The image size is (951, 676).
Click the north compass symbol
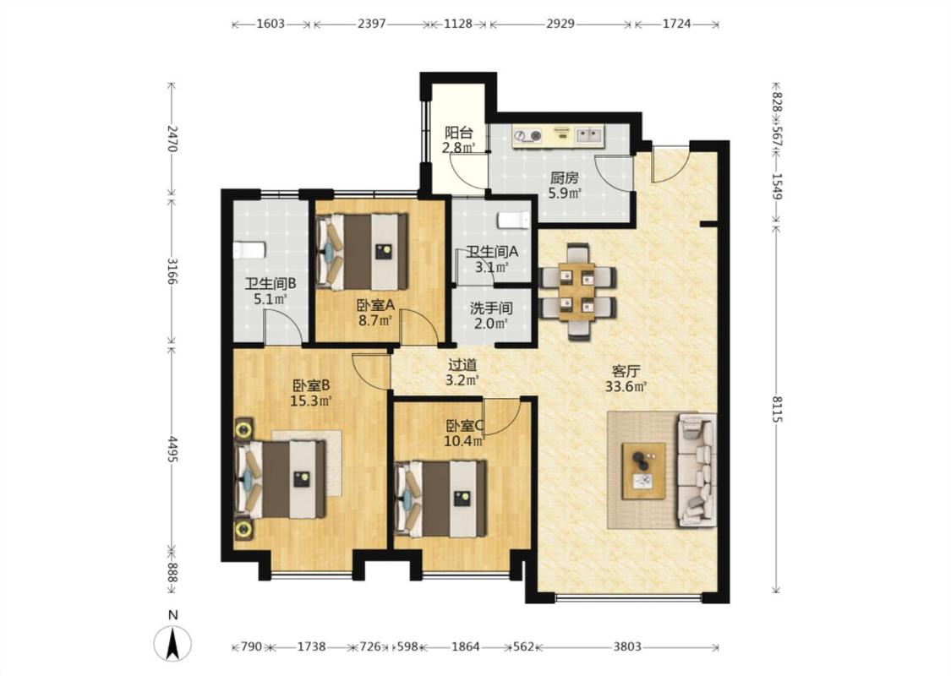point(172,642)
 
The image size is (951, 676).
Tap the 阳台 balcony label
point(458,132)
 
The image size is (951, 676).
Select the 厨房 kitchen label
point(564,178)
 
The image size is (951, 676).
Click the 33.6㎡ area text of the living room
point(626,386)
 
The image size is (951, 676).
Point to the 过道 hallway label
point(462,365)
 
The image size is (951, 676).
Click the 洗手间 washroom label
point(491,308)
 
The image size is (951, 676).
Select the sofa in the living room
point(697,470)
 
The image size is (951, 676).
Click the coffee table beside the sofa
point(643,471)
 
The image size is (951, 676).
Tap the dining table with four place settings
point(577,291)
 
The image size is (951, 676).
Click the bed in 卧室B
point(280,479)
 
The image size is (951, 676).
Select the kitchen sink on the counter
point(589,135)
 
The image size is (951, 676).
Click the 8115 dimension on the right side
point(777,409)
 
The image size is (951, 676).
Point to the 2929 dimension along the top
point(560,25)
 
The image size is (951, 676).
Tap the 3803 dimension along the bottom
point(626,646)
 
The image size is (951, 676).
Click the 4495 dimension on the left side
point(172,450)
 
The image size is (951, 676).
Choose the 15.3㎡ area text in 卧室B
point(311,401)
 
